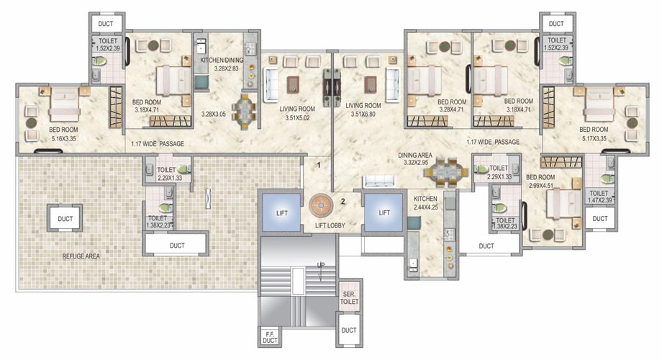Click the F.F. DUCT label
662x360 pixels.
click(x=270, y=337)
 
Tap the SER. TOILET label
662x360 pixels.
click(x=349, y=298)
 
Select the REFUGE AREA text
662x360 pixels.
click(x=81, y=256)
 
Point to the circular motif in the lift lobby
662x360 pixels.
click(x=321, y=206)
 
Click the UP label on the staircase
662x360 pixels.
click(x=321, y=265)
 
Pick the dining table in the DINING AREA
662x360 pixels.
click(x=447, y=172)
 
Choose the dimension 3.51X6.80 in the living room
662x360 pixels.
click(x=363, y=114)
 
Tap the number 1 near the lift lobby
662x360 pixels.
click(x=319, y=165)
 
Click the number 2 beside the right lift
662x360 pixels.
click(x=343, y=202)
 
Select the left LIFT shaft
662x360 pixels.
click(x=281, y=212)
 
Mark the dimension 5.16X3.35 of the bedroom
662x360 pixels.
click(x=63, y=138)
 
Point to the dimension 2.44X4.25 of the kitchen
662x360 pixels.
click(x=425, y=207)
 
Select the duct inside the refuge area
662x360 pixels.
click(x=65, y=218)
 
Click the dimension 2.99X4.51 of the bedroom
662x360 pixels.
click(x=540, y=185)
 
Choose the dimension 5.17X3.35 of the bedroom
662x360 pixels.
click(x=594, y=138)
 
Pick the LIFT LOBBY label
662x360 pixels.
click(x=330, y=225)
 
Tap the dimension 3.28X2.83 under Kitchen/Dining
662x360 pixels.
click(x=226, y=68)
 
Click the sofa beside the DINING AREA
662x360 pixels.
click(x=379, y=181)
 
